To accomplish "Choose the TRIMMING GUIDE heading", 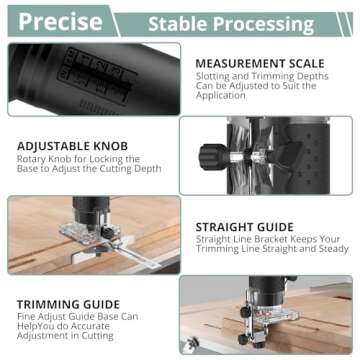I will (68, 304).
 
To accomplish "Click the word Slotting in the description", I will (216, 78).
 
